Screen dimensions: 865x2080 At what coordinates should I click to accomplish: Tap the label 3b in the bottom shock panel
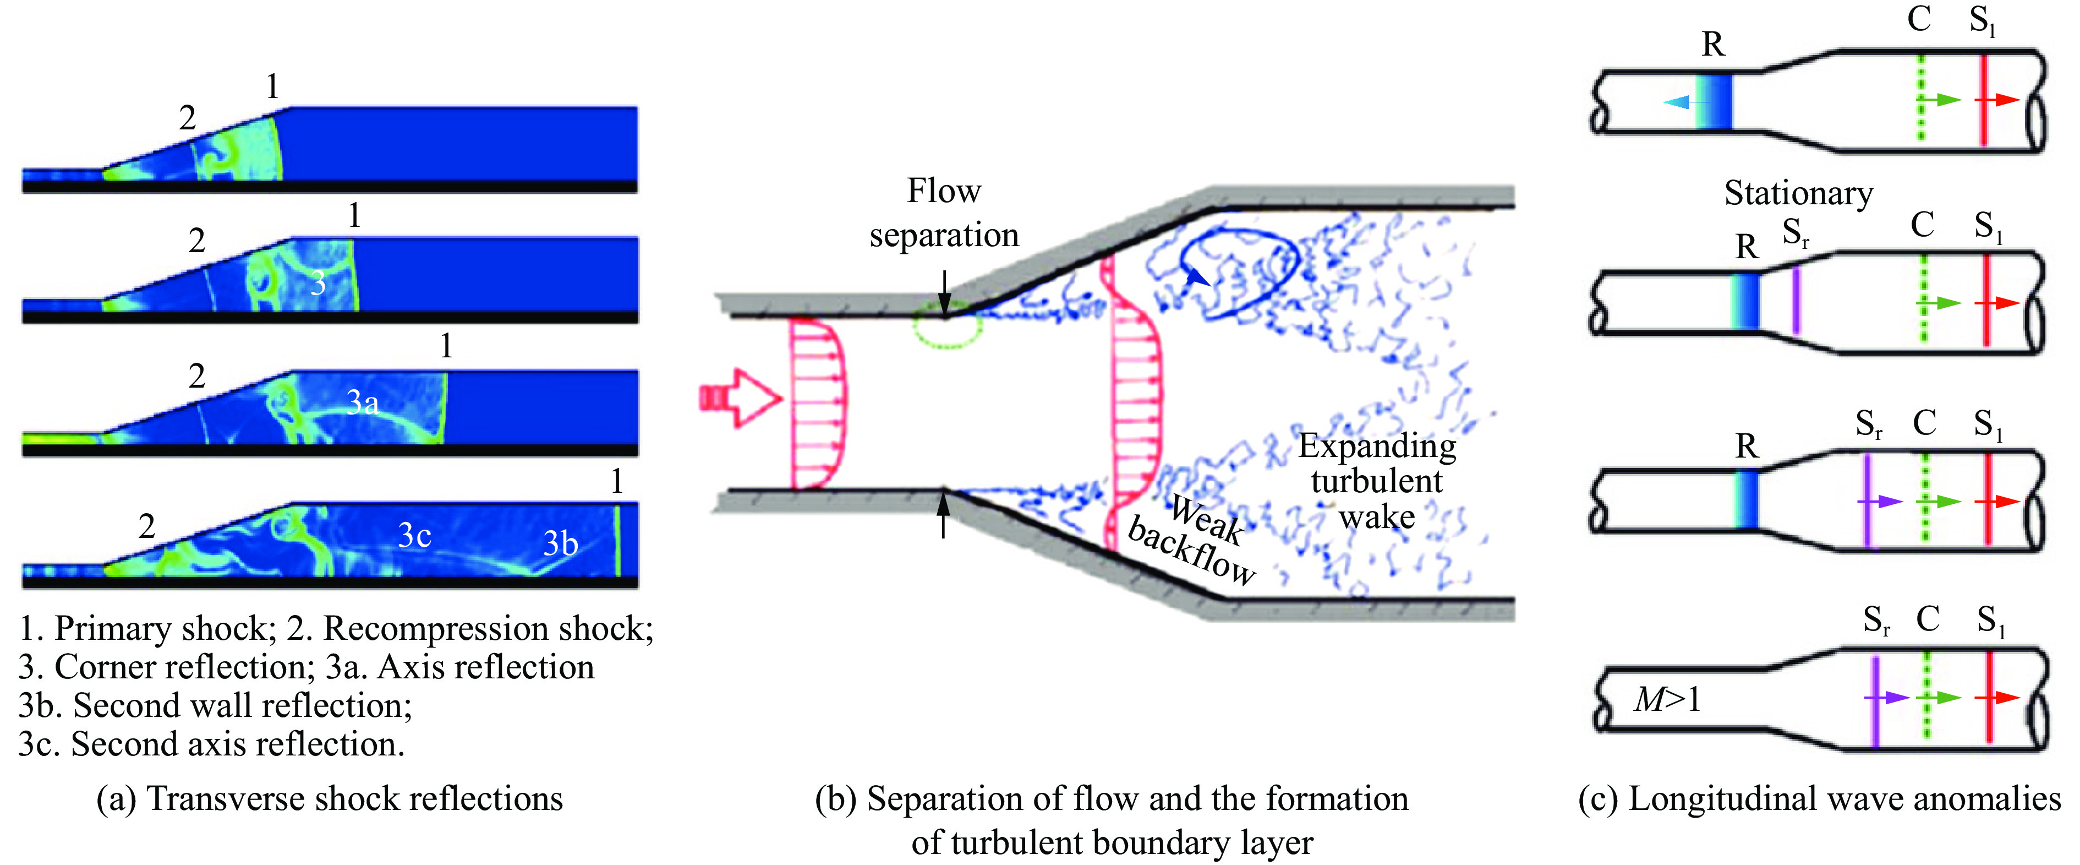click(560, 543)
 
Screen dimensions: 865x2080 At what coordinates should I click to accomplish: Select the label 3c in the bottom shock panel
click(414, 535)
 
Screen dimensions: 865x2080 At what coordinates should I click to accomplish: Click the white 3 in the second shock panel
click(318, 284)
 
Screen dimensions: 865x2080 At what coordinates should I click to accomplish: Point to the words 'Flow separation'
click(944, 213)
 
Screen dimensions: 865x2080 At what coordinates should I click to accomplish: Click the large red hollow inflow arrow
click(740, 398)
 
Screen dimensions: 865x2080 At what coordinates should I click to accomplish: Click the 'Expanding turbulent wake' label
click(1377, 481)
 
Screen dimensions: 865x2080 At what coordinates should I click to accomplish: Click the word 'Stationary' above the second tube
click(1798, 194)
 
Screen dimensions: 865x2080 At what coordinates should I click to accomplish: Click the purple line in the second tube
click(1796, 301)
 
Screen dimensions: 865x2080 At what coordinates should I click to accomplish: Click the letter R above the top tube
click(1712, 45)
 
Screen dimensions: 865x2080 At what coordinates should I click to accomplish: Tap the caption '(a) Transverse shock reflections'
click(330, 799)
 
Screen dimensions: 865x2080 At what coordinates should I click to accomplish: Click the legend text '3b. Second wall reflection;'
click(216, 706)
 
